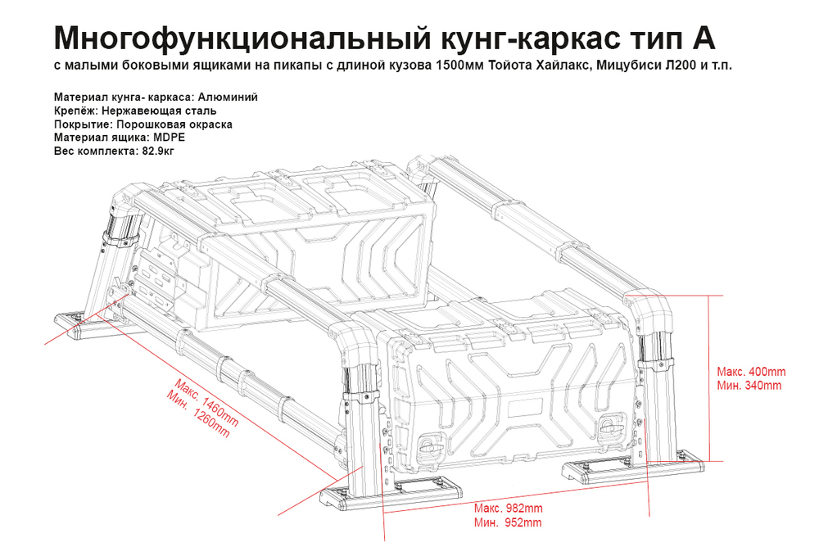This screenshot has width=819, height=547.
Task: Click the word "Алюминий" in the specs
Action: (x=228, y=97)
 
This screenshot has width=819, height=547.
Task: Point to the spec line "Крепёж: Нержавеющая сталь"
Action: (x=136, y=111)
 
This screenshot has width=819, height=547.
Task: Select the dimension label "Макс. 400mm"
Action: (x=750, y=371)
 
